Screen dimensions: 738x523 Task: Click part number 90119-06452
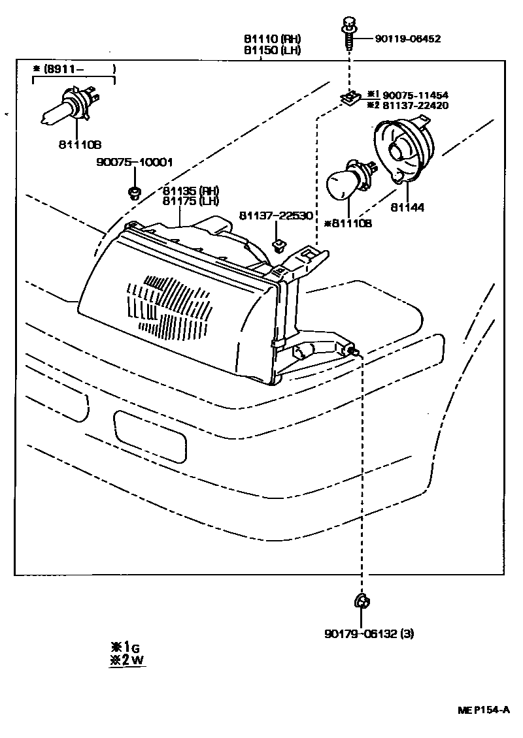point(407,39)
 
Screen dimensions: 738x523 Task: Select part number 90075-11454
point(415,95)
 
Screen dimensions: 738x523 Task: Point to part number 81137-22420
point(415,105)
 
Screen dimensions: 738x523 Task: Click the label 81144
point(407,208)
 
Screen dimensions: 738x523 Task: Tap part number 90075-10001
point(136,163)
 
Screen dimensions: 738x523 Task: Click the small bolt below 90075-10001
point(135,192)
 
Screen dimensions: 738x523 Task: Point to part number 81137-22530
point(275,216)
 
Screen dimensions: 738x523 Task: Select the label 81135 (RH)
point(191,191)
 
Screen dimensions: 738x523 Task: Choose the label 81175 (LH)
point(191,201)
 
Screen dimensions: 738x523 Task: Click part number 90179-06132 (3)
point(369,633)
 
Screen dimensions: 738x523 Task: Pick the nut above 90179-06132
point(360,601)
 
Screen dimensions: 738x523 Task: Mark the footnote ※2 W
point(126,660)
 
